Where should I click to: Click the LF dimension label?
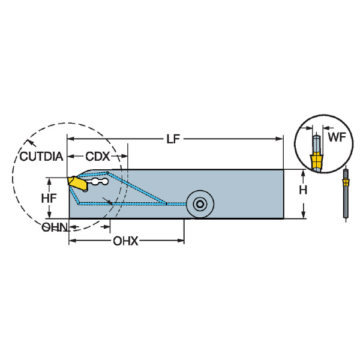[x=173, y=139]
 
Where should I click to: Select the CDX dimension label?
[x=97, y=156]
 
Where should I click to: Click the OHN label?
[x=54, y=227]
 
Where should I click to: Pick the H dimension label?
[x=304, y=191]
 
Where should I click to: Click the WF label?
[x=335, y=137]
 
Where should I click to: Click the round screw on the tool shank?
[x=198, y=205]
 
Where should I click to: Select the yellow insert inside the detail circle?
[x=316, y=161]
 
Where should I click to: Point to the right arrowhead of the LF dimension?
[x=280, y=139]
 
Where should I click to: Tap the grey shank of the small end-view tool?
[x=346, y=201]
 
